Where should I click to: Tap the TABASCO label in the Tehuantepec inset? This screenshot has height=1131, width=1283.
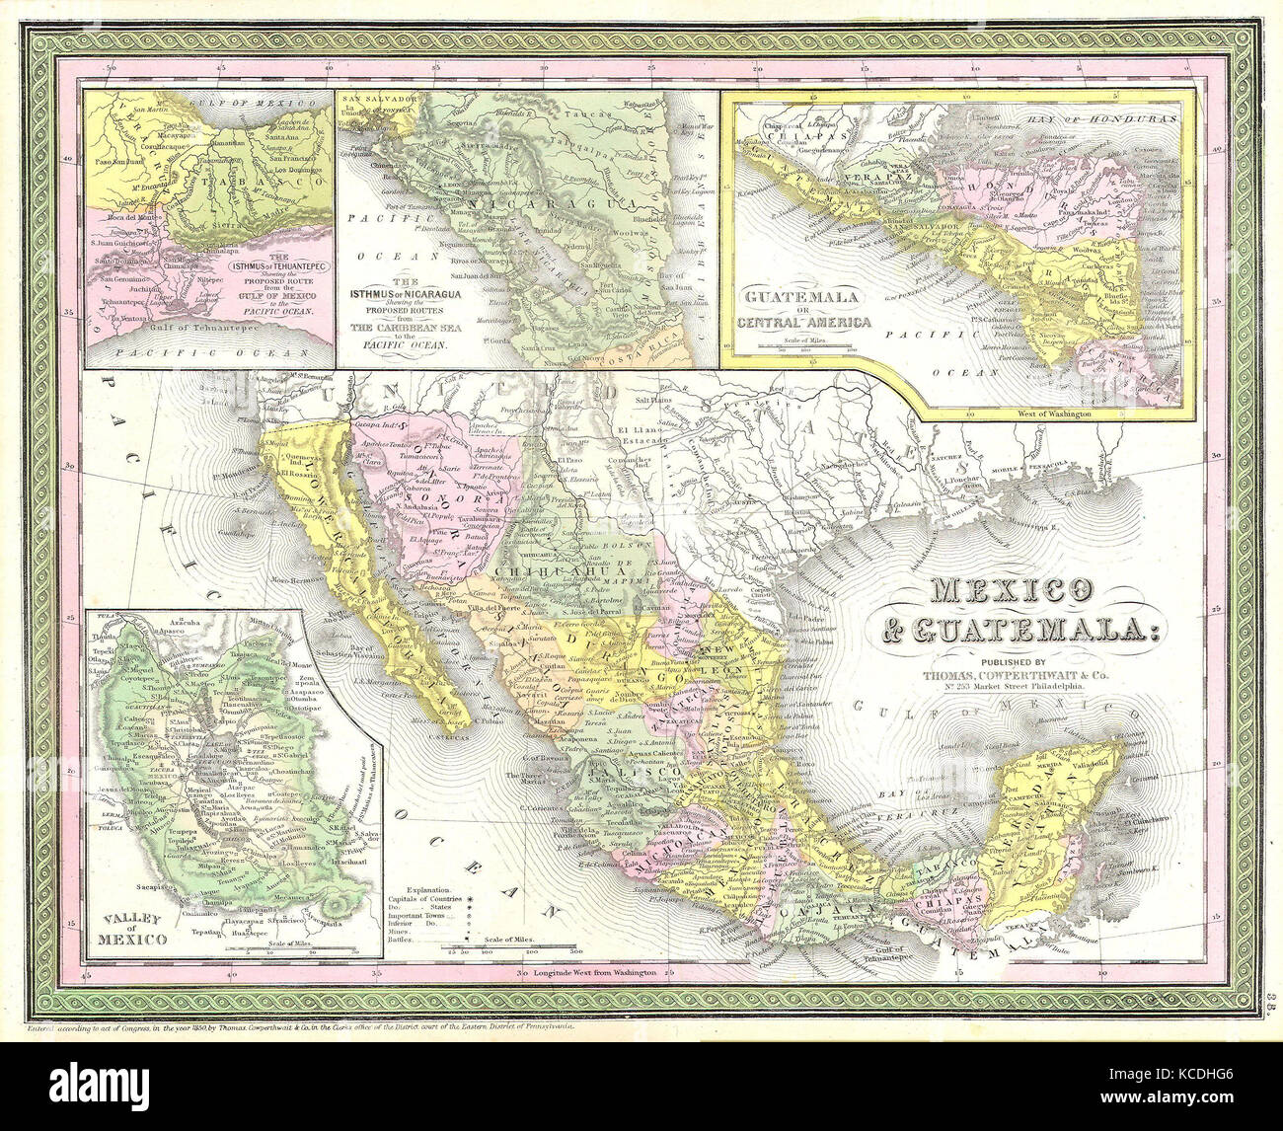coord(257,185)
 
